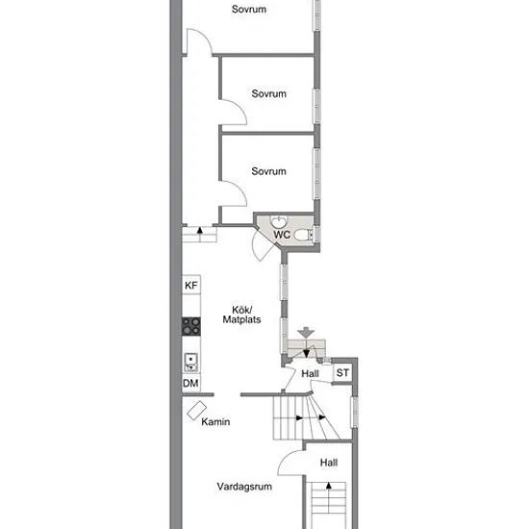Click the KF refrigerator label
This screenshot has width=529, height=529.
pyautogui.click(x=191, y=286)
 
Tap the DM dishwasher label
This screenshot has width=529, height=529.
pyautogui.click(x=190, y=383)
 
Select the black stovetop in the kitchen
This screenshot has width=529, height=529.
pyautogui.click(x=191, y=326)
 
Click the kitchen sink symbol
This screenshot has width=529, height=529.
pyautogui.click(x=191, y=363)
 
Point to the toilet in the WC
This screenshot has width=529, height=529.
pyautogui.click(x=304, y=235)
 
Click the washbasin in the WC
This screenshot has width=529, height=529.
pyautogui.click(x=279, y=221)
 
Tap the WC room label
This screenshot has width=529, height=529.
pyautogui.click(x=282, y=235)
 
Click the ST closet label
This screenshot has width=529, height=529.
pyautogui.click(x=342, y=373)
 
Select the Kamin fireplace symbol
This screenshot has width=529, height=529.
pyautogui.click(x=196, y=411)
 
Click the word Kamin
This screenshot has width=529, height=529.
pyautogui.click(x=215, y=421)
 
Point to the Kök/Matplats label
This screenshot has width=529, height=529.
pyautogui.click(x=241, y=315)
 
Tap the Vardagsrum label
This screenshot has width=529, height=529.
pyautogui.click(x=244, y=487)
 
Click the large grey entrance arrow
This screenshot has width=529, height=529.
pyautogui.click(x=306, y=333)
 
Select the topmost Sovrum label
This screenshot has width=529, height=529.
pyautogui.click(x=249, y=9)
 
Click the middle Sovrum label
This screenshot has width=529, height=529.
pyautogui.click(x=269, y=93)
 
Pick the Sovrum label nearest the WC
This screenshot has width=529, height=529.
pyautogui.click(x=269, y=171)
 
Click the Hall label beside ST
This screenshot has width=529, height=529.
pyautogui.click(x=310, y=374)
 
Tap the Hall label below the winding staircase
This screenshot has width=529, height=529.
pyautogui.click(x=329, y=463)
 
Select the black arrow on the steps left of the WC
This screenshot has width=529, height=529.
pyautogui.click(x=200, y=231)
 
